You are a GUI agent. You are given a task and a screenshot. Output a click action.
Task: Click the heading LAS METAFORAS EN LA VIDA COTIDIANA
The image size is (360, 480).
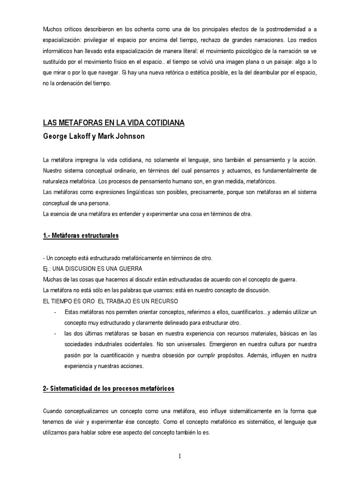[x=114, y=123]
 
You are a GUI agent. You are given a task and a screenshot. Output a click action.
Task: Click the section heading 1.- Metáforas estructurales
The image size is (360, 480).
[x=81, y=236]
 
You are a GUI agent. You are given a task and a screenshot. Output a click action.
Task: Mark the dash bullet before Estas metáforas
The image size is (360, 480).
[x=55, y=312]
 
